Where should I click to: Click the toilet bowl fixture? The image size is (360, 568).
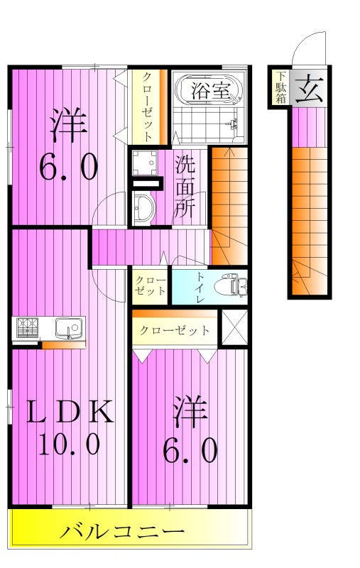coord(233,285)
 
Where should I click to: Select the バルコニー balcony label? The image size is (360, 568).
coord(122,531)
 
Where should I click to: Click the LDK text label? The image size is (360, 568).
coord(70,412)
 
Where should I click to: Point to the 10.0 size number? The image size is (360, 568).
coord(70,445)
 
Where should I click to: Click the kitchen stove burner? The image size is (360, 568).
coord(28,328)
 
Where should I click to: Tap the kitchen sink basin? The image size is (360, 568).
coord(69,328)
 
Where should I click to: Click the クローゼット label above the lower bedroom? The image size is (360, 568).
coord(174,330)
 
